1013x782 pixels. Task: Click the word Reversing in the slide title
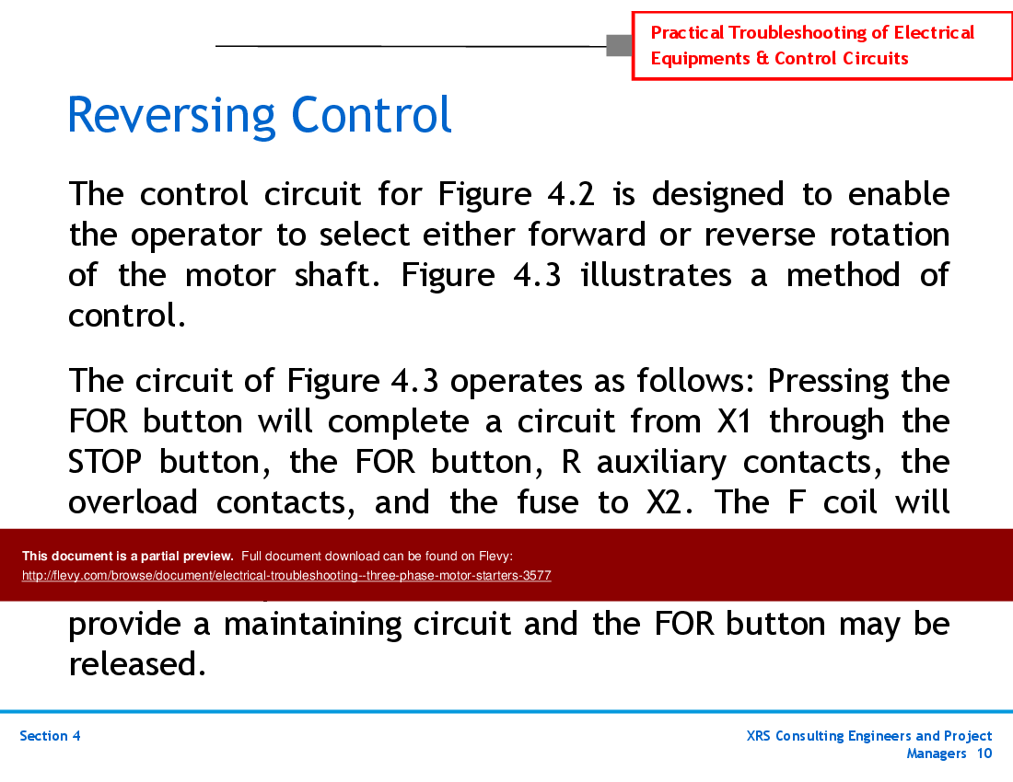click(x=171, y=117)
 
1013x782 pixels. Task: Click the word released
click(x=136, y=663)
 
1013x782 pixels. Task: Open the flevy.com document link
click(x=286, y=576)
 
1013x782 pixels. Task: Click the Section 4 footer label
click(x=50, y=736)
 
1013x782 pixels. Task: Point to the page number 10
click(x=984, y=753)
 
